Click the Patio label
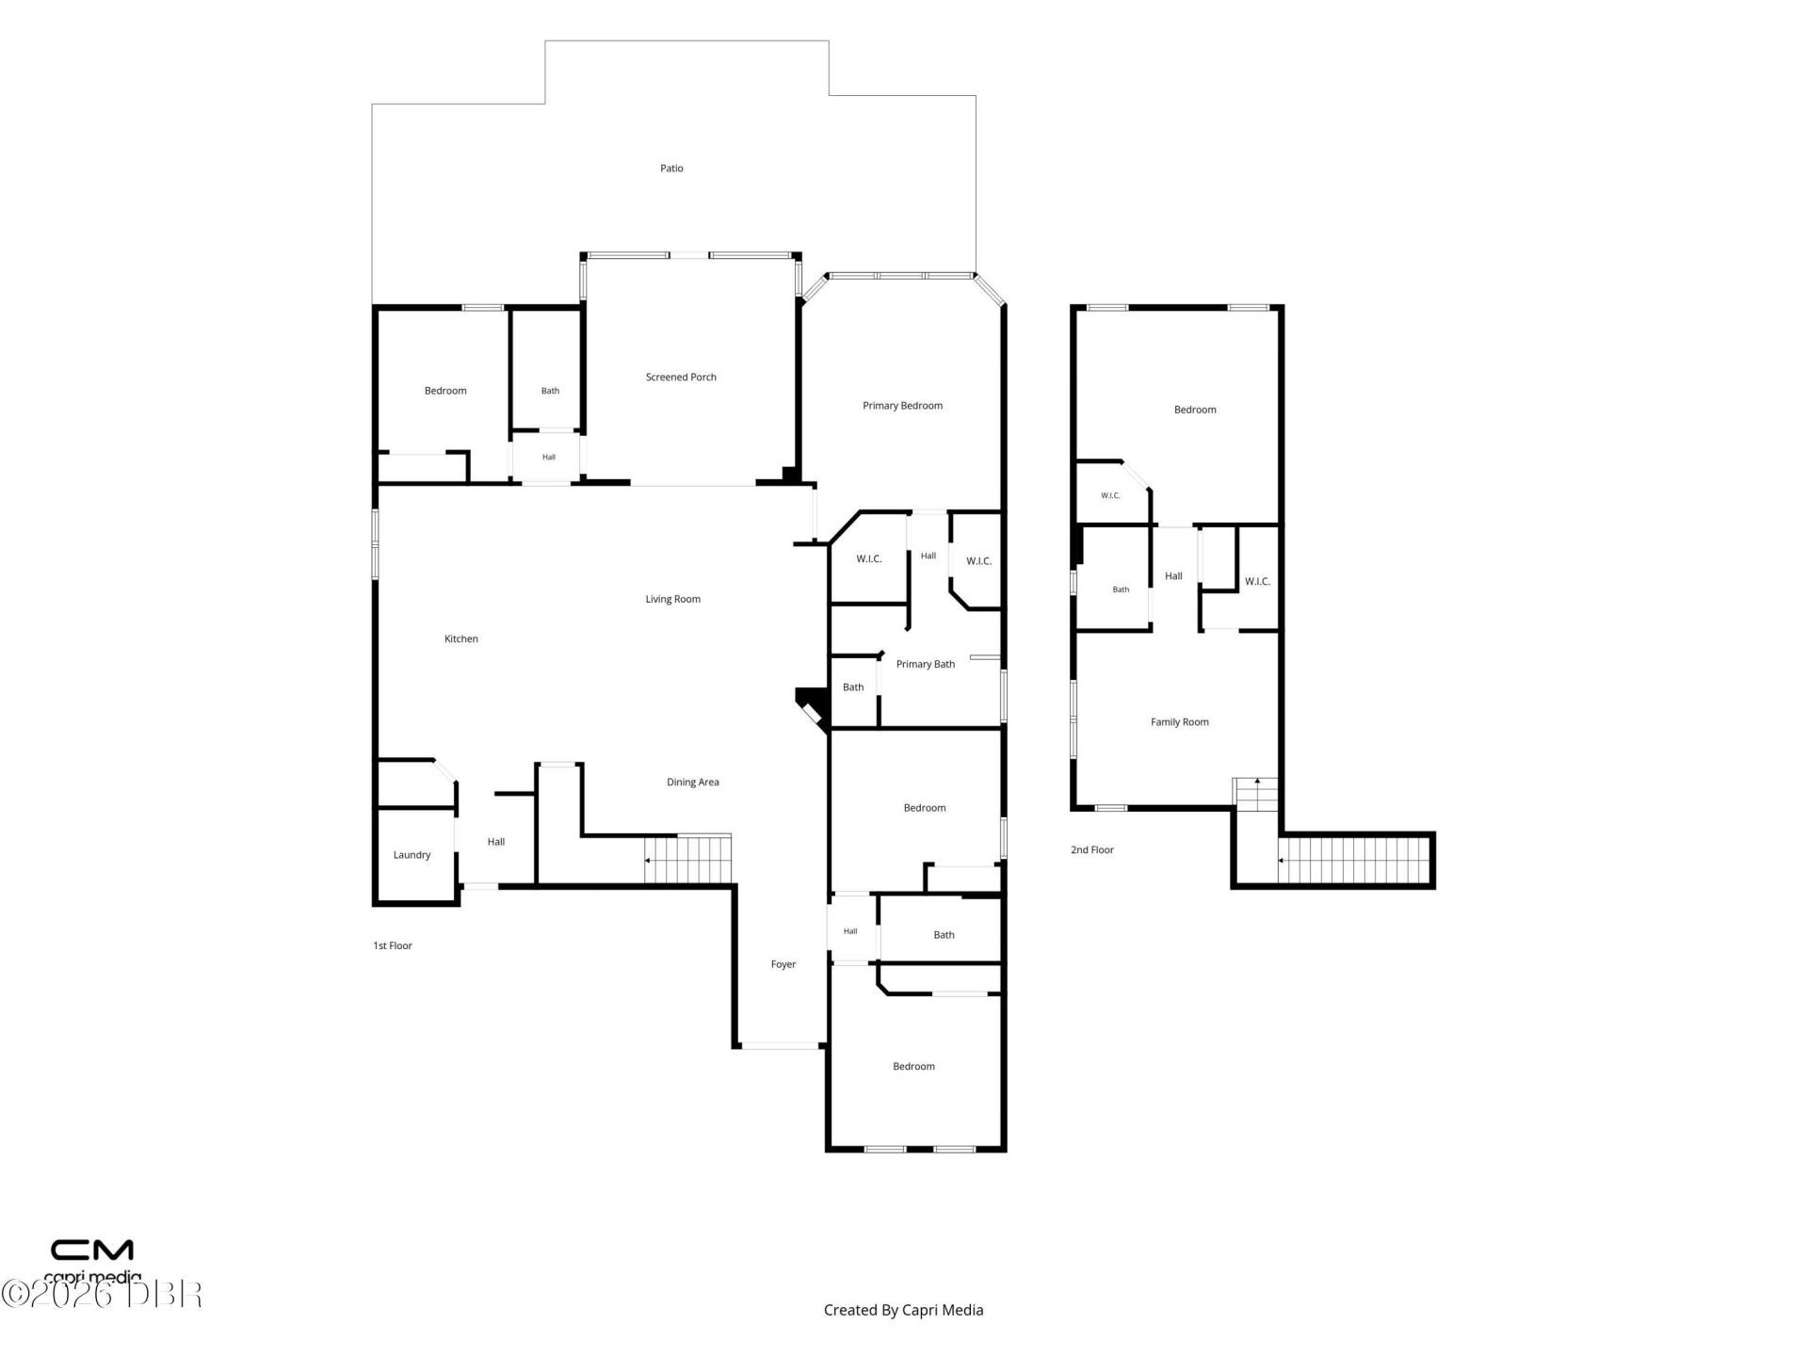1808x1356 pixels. tap(671, 169)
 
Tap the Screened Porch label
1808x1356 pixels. tap(681, 378)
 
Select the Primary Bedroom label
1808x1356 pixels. tap(902, 406)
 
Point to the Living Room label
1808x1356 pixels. tap(672, 599)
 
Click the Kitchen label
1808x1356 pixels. tap(461, 638)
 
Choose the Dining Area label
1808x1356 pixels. tap(693, 782)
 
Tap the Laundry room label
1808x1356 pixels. tap(412, 855)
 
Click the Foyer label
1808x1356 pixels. tap(783, 964)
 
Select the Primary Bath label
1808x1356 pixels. tap(926, 664)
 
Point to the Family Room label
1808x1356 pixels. tap(1180, 722)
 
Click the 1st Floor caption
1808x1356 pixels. tap(393, 945)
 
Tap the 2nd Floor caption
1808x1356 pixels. tap(1092, 849)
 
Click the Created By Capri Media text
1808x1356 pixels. tap(903, 1310)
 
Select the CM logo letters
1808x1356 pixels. tap(91, 1250)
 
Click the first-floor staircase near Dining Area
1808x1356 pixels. tap(687, 859)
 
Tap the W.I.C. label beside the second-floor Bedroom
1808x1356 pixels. tap(1111, 495)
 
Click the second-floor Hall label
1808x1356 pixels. tap(1173, 576)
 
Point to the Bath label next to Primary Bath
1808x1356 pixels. tap(853, 687)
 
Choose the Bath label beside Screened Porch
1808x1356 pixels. tap(550, 391)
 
